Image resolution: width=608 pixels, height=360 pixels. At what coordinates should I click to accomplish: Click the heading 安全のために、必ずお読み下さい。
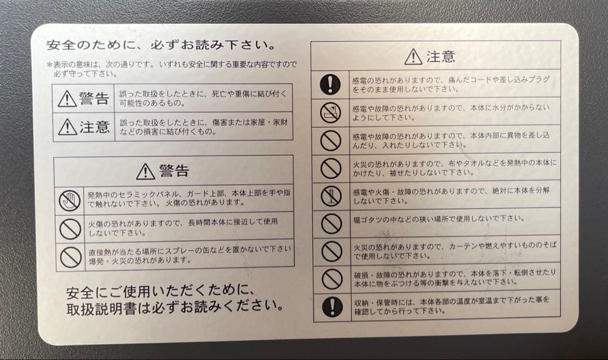click(160, 44)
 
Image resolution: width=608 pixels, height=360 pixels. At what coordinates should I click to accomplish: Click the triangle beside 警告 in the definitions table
click(67, 99)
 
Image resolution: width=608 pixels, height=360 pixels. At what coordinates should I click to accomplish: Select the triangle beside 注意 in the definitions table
click(67, 127)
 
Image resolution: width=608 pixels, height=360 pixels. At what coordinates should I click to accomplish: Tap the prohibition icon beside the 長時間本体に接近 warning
click(70, 228)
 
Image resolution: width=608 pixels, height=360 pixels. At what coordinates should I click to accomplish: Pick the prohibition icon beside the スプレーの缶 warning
click(70, 256)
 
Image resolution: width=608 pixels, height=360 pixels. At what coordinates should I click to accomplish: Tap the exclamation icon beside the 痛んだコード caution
click(330, 84)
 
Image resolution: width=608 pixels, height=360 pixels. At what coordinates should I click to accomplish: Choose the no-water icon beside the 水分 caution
click(330, 112)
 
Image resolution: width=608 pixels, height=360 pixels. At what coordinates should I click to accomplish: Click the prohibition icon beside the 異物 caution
click(330, 140)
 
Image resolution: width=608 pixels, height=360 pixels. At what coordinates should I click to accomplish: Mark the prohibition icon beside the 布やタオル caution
click(330, 168)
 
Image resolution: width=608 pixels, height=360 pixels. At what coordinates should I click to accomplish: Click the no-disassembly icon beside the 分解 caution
click(330, 196)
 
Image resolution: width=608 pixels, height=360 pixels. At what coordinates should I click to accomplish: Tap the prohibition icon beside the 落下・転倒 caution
click(332, 278)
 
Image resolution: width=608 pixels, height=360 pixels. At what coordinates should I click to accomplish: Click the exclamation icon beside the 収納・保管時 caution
click(332, 306)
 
